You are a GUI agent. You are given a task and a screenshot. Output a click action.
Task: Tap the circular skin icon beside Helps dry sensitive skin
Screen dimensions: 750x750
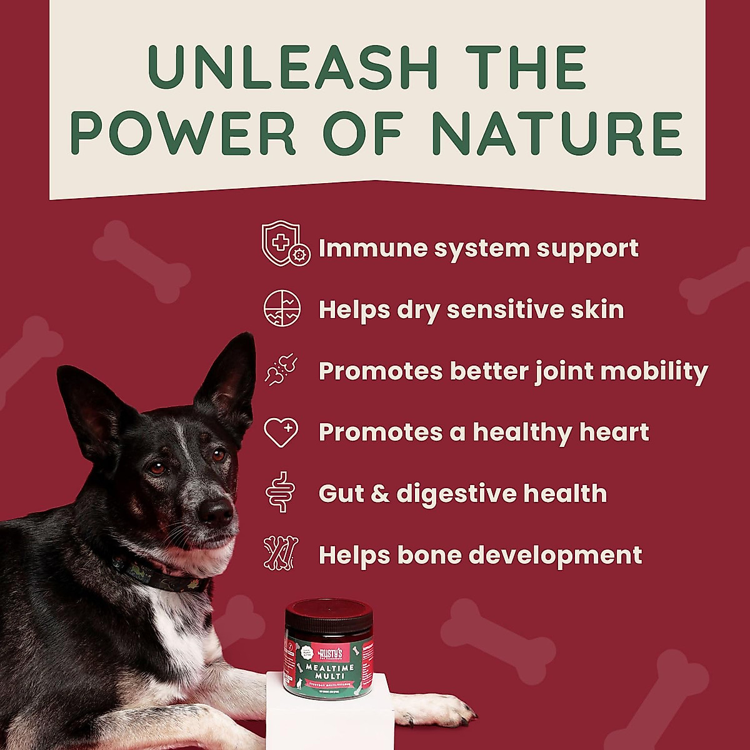(282, 308)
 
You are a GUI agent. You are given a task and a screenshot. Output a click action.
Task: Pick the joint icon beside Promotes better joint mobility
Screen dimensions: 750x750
(281, 370)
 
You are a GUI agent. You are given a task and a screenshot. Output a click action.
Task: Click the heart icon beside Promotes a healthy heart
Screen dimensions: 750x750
(281, 432)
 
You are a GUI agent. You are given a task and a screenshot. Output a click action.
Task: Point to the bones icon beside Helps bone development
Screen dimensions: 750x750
(281, 554)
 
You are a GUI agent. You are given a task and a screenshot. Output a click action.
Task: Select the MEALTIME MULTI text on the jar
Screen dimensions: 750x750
(328, 672)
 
